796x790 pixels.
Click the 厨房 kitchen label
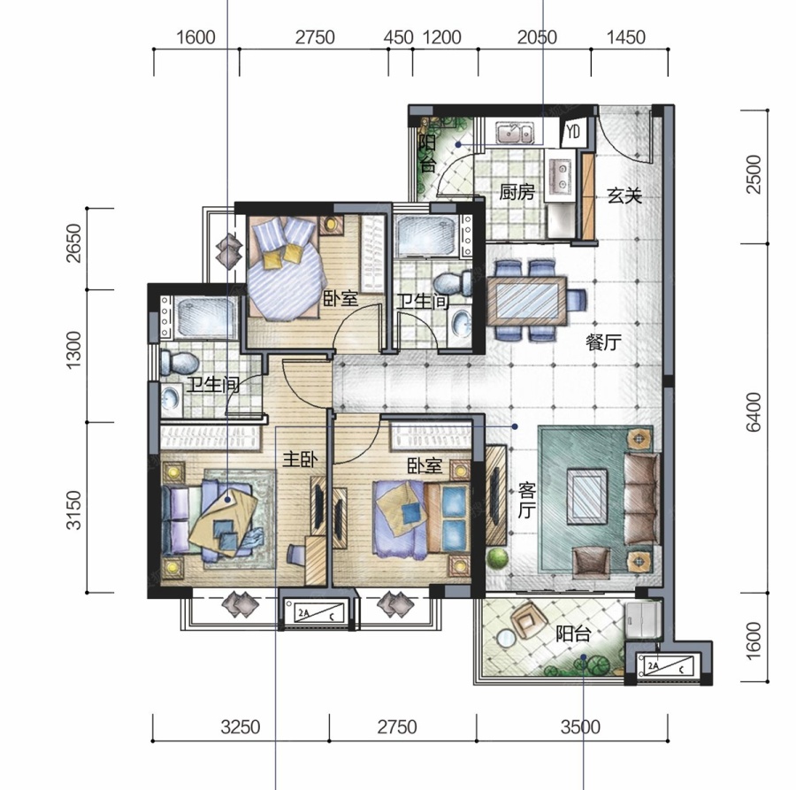coord(517,193)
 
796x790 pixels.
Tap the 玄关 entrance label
coord(624,196)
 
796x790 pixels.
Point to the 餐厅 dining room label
coord(603,342)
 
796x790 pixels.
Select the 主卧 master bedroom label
coord(300,459)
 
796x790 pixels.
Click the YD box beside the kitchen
coord(574,132)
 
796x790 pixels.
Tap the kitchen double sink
coord(514,134)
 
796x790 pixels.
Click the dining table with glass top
coord(527,301)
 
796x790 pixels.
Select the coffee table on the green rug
coord(587,496)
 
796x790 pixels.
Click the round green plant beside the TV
coord(497,557)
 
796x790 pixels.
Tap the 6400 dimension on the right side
coord(754,411)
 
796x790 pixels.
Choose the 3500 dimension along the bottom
coord(580,727)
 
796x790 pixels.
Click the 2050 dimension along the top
coord(537,37)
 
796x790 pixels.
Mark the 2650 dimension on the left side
coord(74,242)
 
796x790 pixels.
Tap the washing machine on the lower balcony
coord(643,620)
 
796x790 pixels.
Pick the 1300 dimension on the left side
coord(74,349)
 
